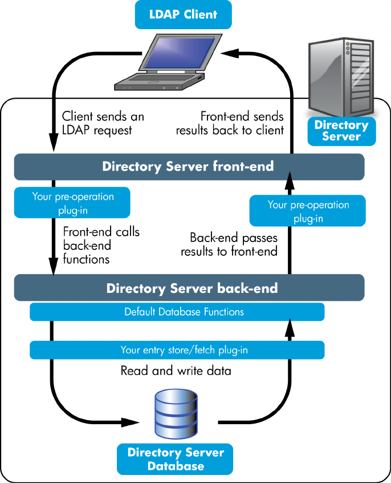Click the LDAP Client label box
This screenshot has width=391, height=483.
pos(184,14)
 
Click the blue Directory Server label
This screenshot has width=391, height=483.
pos(341,131)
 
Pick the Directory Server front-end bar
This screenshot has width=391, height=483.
pos(189,167)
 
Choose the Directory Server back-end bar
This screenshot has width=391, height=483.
pos(189,288)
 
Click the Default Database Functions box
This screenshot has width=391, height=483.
pos(177,312)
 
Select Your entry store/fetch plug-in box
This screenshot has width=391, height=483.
pos(177,350)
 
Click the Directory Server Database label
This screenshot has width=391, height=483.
pos(176,459)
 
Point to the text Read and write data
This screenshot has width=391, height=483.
pos(176,371)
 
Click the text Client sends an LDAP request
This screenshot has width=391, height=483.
pos(103,123)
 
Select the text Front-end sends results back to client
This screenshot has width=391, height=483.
pos(230,123)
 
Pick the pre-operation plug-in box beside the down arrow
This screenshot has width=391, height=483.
pos(72,203)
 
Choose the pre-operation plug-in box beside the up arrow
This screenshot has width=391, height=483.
pos(308,211)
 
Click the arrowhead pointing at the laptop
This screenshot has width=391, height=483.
pos(229,53)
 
